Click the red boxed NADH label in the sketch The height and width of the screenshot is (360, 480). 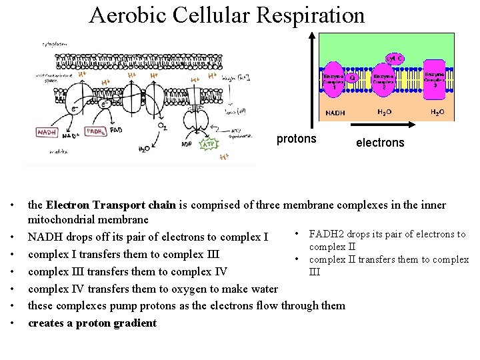[47, 133]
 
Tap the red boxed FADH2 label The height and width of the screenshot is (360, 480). [95, 131]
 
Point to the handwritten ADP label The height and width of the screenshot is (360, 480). [188, 143]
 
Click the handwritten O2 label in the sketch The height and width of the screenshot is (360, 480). [162, 126]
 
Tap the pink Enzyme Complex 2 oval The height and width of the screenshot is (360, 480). [384, 81]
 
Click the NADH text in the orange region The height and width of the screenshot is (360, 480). [335, 113]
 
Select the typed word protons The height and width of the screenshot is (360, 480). [296, 139]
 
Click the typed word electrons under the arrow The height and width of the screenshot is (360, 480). [380, 142]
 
